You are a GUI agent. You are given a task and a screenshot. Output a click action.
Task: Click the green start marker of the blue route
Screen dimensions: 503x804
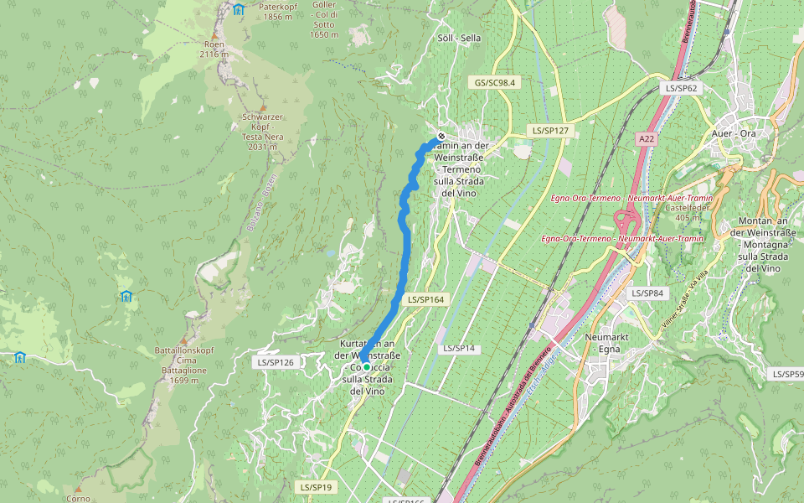tap(366, 367)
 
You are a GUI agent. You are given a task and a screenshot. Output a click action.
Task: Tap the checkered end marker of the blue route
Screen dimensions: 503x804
tap(441, 137)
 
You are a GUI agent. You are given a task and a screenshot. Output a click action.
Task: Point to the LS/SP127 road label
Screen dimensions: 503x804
tap(549, 131)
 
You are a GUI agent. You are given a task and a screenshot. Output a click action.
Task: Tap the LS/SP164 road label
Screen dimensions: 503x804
tap(425, 298)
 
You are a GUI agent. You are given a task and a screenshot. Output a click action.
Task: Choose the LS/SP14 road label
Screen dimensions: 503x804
tap(458, 347)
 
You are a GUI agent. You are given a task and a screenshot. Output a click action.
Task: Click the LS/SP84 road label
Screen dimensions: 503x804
tap(647, 293)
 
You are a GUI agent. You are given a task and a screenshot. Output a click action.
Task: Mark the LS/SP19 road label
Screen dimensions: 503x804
tap(316, 486)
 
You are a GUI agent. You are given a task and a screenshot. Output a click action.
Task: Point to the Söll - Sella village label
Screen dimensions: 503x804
tap(460, 39)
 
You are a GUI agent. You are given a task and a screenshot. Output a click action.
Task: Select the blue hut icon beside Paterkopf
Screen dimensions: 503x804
tap(239, 10)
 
